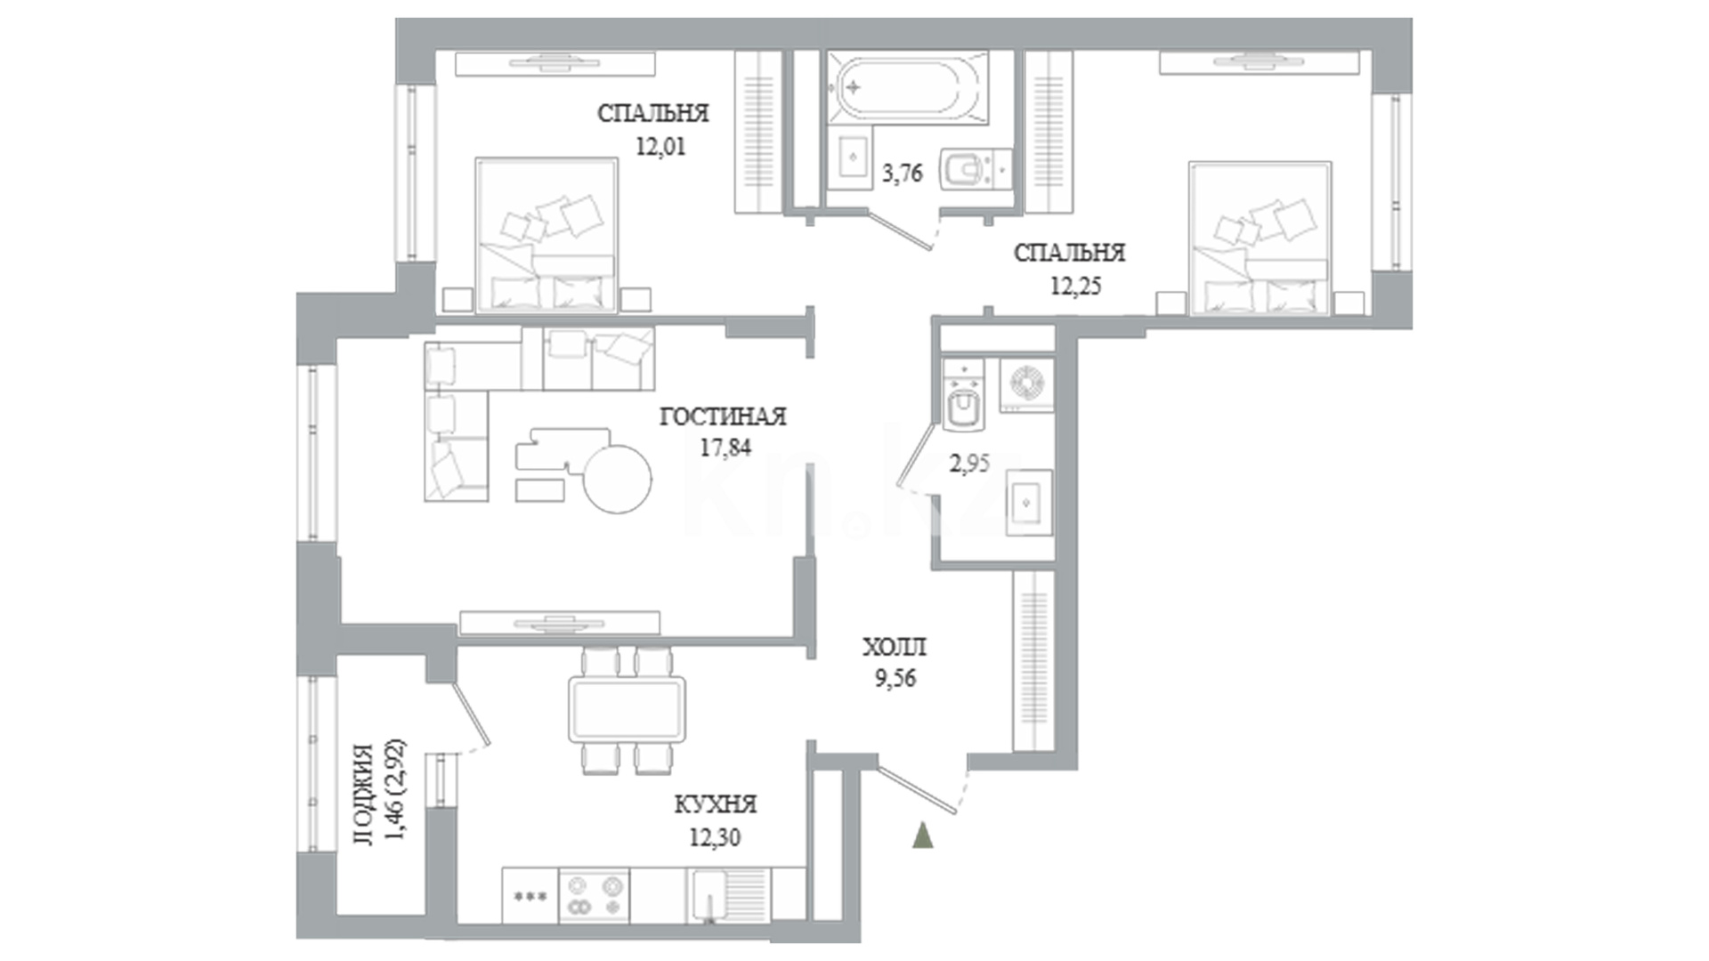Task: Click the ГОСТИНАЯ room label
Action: coord(723,416)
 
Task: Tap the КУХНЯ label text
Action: coord(716,805)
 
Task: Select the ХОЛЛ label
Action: coord(895,647)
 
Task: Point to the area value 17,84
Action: coord(725,448)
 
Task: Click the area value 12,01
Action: coord(660,147)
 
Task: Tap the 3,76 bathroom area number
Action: coord(902,174)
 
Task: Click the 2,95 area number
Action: coord(969,464)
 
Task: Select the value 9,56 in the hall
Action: coord(895,680)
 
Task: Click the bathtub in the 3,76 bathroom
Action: coord(907,88)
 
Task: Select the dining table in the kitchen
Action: coord(628,709)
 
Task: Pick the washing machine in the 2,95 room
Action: coord(1026,384)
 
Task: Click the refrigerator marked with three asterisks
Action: coord(531,895)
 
